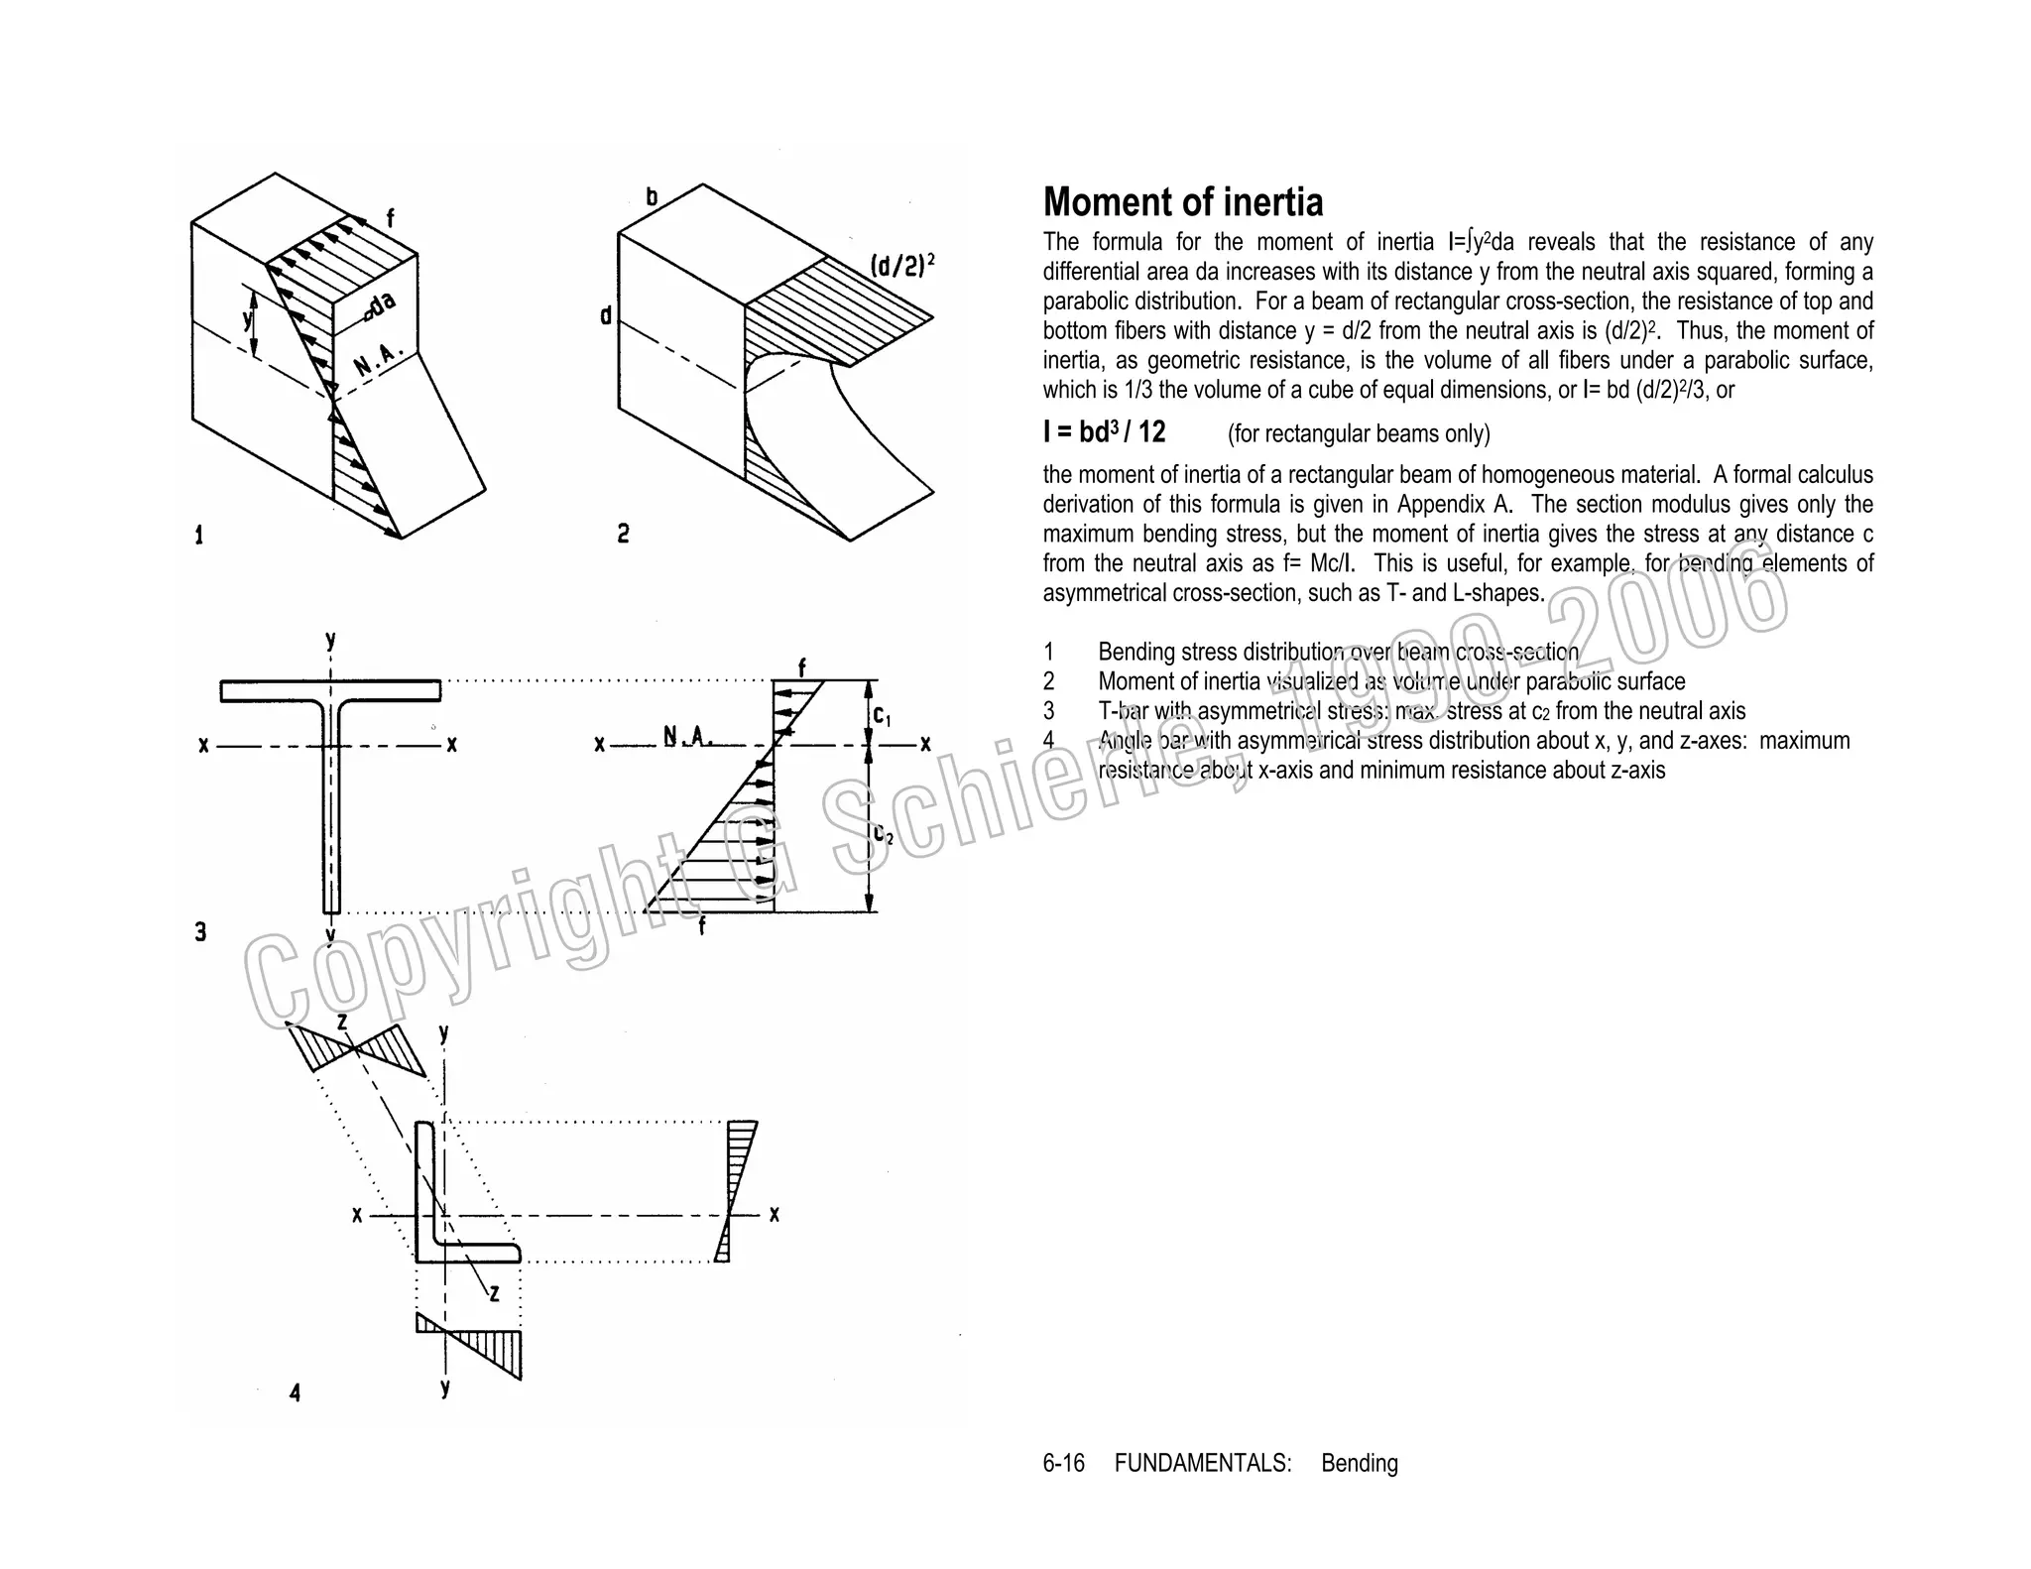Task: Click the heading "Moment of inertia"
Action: pyautogui.click(x=1182, y=202)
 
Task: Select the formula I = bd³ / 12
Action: pyautogui.click(x=1104, y=432)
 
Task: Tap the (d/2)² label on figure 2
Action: pyautogui.click(x=901, y=266)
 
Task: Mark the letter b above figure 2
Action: pyautogui.click(x=652, y=196)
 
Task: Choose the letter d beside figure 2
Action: pyautogui.click(x=605, y=315)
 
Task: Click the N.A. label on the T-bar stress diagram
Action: pyautogui.click(x=687, y=736)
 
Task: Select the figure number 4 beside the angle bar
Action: pyautogui.click(x=295, y=1393)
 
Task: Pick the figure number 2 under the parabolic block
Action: pyautogui.click(x=623, y=534)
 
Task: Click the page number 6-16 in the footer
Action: pyautogui.click(x=1063, y=1464)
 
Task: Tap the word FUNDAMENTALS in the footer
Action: pyautogui.click(x=1202, y=1464)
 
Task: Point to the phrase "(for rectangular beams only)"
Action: pyautogui.click(x=1358, y=434)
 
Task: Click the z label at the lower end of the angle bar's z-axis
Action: pyautogui.click(x=494, y=1292)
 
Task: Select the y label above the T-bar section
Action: pyautogui.click(x=330, y=641)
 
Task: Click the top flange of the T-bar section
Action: pyautogui.click(x=330, y=690)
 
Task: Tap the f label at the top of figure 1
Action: pyautogui.click(x=390, y=218)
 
